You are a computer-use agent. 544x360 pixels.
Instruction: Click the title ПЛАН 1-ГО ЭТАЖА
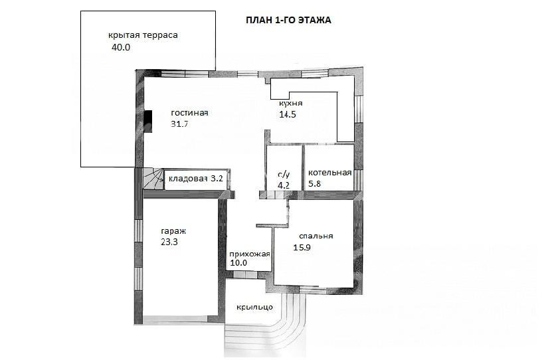[x=288, y=20]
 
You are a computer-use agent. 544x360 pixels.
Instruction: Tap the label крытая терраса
[x=143, y=35]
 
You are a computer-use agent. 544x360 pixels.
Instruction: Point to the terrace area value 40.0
[x=121, y=48]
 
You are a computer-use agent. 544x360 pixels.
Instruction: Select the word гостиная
[x=189, y=113]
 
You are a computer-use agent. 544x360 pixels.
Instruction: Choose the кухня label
[x=291, y=103]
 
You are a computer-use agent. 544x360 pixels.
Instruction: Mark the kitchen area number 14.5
[x=288, y=114]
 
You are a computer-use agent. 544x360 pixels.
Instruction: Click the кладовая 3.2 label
[x=196, y=179]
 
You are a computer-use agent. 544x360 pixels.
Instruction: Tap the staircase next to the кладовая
[x=153, y=179]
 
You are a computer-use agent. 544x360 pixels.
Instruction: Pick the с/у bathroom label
[x=284, y=175]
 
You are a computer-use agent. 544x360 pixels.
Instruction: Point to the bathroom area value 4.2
[x=284, y=185]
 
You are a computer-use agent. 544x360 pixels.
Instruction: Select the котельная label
[x=330, y=173]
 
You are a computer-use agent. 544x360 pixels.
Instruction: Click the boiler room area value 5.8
[x=314, y=184]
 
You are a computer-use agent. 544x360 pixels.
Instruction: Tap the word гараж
[x=173, y=231]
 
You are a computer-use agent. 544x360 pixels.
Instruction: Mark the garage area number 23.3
[x=169, y=242]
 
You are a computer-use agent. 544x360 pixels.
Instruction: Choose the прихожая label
[x=250, y=254]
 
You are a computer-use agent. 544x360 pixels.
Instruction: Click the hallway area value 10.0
[x=238, y=263]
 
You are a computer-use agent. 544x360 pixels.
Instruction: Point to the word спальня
[x=316, y=236]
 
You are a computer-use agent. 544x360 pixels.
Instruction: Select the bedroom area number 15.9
[x=302, y=248]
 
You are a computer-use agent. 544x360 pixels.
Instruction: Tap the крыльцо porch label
[x=254, y=308]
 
